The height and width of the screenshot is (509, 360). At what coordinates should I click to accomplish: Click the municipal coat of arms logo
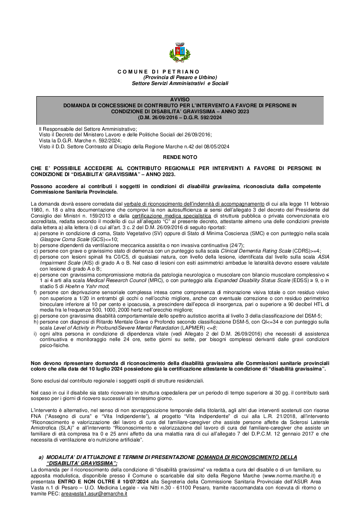(180, 53)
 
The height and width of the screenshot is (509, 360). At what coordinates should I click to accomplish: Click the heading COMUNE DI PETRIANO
(158, 71)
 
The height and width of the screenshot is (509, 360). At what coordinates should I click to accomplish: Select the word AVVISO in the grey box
(180, 99)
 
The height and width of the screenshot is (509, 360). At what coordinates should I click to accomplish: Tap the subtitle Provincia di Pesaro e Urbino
(180, 77)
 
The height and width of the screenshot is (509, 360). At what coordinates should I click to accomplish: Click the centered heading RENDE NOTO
(180, 157)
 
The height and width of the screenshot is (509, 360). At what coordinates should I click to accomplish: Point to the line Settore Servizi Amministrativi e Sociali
(180, 83)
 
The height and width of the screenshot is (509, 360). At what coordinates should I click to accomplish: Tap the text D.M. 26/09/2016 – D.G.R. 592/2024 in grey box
(180, 117)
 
